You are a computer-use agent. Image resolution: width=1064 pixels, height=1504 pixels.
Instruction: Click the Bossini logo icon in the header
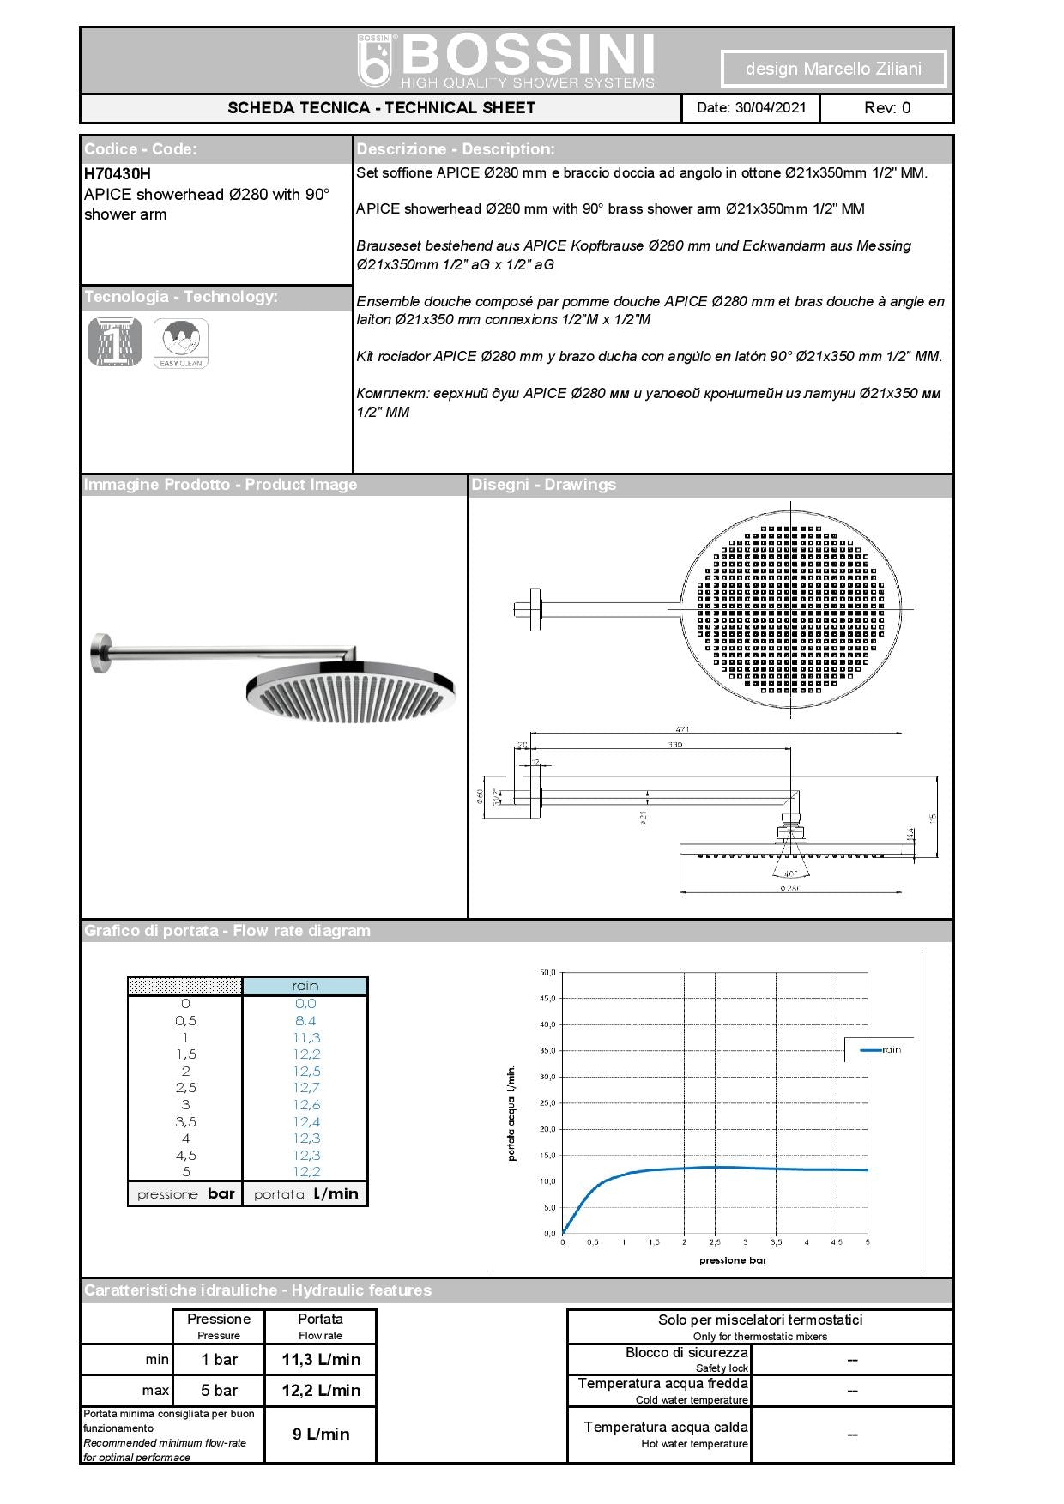click(375, 61)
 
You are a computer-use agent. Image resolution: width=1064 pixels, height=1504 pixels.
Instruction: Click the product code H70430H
click(118, 173)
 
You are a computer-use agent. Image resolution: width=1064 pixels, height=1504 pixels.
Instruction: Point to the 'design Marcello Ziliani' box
click(833, 69)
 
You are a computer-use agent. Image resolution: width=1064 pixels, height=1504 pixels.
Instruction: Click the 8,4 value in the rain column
click(305, 1020)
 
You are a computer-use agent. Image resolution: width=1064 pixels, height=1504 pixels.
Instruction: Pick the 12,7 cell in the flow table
click(305, 1088)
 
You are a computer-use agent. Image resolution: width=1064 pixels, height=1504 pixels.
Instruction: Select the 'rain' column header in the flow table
click(305, 986)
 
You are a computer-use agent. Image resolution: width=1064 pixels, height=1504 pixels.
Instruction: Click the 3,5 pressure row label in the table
click(185, 1121)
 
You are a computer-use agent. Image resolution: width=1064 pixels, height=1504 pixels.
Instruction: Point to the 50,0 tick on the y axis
click(547, 972)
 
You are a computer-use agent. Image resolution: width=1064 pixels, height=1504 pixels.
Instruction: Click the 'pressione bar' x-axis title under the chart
click(733, 1260)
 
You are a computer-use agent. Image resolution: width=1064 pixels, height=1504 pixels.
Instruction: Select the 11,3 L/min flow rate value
click(321, 1360)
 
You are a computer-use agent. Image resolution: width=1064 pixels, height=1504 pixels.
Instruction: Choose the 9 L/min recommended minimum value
click(321, 1434)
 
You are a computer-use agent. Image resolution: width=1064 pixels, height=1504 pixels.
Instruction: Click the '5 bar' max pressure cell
click(219, 1391)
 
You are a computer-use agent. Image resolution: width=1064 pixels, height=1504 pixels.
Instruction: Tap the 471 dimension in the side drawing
click(682, 729)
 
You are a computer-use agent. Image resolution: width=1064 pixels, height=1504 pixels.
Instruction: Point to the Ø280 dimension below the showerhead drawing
click(790, 889)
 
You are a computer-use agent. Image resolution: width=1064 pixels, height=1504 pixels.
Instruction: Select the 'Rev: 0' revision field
click(886, 108)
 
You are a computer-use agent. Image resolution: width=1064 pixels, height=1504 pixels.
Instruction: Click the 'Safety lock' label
click(722, 1368)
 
